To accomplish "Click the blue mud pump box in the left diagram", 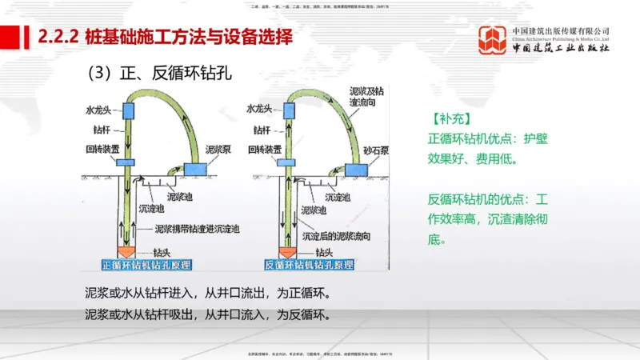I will click(194, 169).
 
